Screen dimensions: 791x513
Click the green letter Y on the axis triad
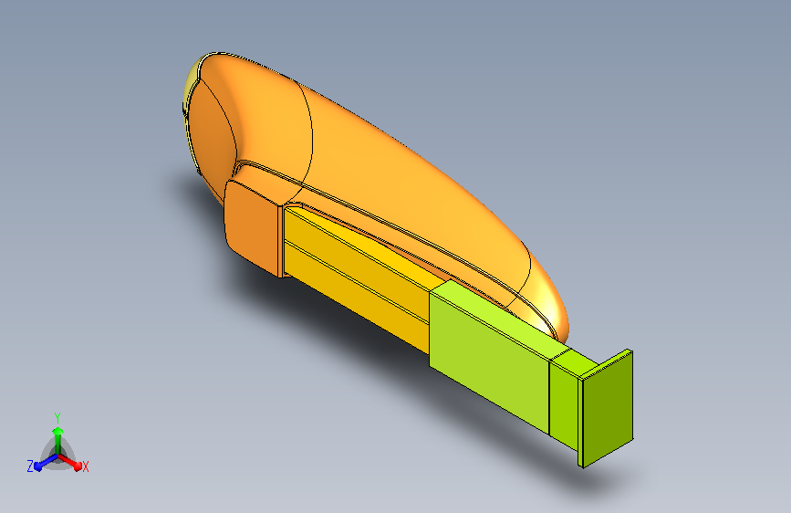57,418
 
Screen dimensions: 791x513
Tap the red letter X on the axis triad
85,466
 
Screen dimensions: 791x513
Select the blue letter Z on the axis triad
30,466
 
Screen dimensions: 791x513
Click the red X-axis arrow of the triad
69,461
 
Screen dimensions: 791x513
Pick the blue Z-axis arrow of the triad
46,462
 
